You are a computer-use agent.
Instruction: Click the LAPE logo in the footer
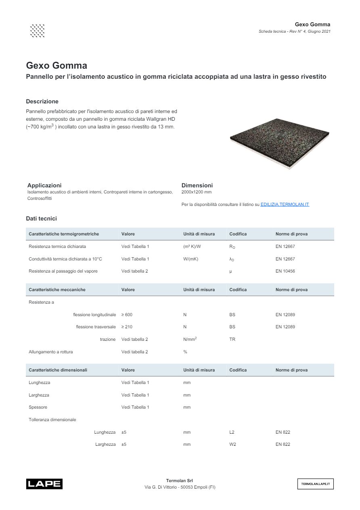click(44, 483)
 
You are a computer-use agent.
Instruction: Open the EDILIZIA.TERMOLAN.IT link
click(285, 205)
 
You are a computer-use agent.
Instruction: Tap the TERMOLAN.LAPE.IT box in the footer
click(315, 483)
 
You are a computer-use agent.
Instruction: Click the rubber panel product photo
click(280, 143)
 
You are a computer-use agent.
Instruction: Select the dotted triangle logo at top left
click(37, 31)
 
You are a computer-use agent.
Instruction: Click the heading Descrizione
click(42, 101)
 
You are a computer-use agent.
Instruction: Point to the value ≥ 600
click(127, 315)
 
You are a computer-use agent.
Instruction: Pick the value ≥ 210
click(127, 327)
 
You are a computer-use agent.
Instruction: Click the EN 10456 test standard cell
click(285, 271)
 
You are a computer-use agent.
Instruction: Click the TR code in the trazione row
click(232, 339)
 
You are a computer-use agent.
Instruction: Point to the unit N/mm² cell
click(190, 339)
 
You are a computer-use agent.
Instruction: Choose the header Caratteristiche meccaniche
click(57, 290)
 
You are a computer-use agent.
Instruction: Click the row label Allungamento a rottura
click(51, 352)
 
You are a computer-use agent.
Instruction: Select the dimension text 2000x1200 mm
click(197, 192)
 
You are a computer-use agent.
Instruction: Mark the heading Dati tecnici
click(41, 218)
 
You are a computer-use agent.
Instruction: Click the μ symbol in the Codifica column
click(230, 271)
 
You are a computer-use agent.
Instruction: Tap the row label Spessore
click(38, 407)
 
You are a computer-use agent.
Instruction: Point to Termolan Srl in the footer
click(180, 481)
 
